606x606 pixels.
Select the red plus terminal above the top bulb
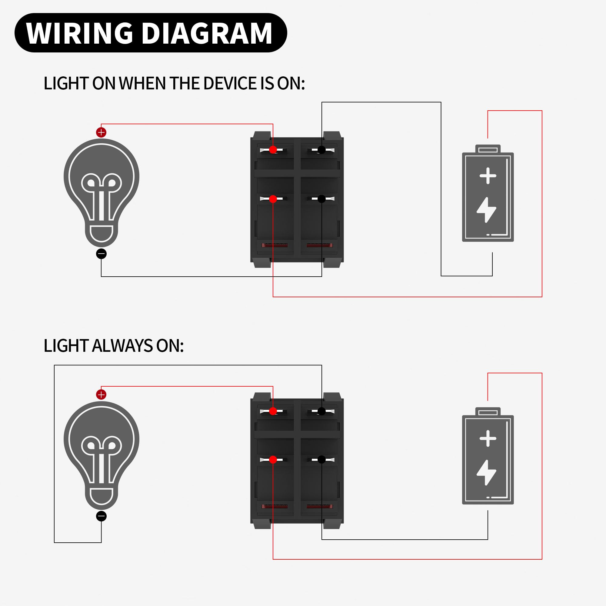101,132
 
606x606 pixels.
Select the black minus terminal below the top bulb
101,253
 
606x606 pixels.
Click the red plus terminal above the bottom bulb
101,395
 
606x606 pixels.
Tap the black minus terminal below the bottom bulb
101,516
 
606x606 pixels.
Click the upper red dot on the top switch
273,150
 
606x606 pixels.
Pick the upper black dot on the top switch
321,150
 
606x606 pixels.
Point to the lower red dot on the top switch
273,199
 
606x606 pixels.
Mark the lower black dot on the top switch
321,199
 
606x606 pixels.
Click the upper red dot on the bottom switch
273,411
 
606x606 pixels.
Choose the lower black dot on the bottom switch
321,460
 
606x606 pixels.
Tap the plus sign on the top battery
488,176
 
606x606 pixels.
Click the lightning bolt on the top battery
487,210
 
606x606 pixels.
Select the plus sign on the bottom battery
488,438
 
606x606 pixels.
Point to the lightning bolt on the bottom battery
487,472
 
